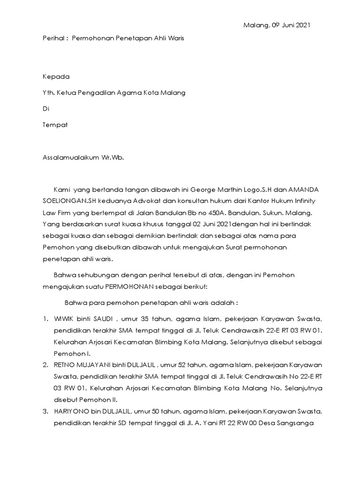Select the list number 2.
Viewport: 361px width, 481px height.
tap(45, 365)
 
